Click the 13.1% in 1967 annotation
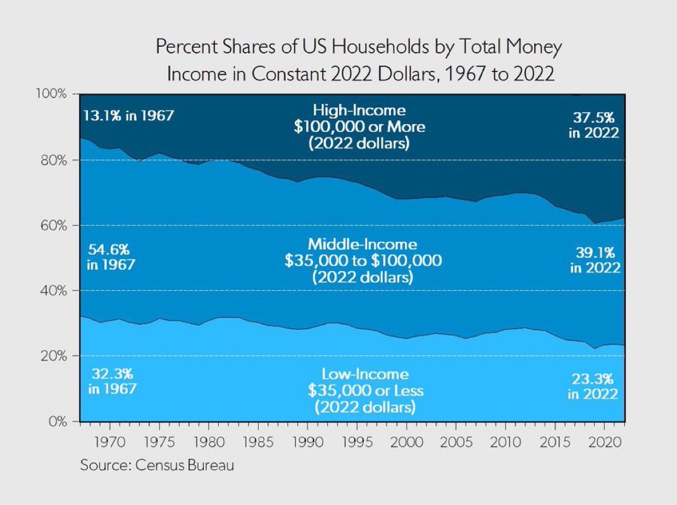click(128, 116)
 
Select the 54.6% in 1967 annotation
click(111, 256)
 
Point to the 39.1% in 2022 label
click(595, 259)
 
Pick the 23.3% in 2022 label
click(593, 386)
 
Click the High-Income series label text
click(358, 110)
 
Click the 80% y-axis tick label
click(54, 160)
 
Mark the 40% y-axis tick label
click(54, 290)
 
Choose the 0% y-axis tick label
click(58, 421)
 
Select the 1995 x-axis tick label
click(357, 440)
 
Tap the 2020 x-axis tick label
click(605, 440)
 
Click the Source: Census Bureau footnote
click(157, 465)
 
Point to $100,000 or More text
click(359, 127)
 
